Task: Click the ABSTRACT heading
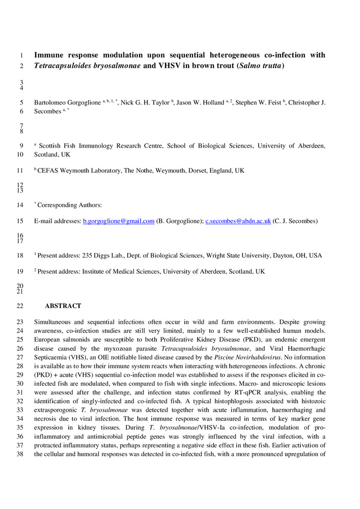[x=63, y=306]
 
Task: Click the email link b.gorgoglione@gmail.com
[x=118, y=221]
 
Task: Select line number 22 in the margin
[x=20, y=306]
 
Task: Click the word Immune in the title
[x=50, y=55]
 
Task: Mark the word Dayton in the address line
[x=284, y=255]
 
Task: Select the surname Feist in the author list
[x=272, y=102]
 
